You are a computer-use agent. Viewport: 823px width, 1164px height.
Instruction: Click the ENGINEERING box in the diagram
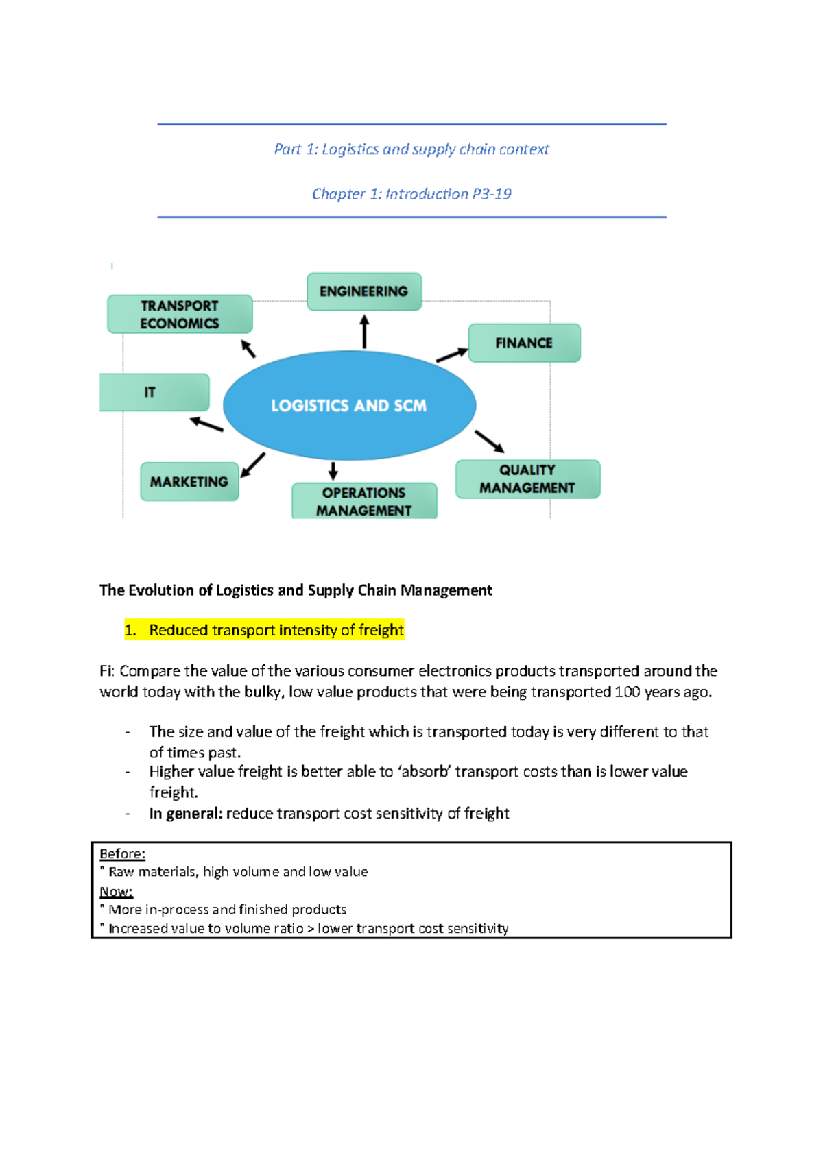point(364,291)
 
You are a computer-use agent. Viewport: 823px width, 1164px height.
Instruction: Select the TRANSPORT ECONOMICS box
point(180,315)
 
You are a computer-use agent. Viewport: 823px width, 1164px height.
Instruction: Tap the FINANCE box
point(524,343)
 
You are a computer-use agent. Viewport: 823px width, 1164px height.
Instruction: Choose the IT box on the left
point(154,392)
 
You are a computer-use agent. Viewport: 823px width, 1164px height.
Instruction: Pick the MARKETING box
point(189,482)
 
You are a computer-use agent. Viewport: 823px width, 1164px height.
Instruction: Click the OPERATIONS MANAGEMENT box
point(364,501)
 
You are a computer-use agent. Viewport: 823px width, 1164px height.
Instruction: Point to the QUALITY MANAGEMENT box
point(527,478)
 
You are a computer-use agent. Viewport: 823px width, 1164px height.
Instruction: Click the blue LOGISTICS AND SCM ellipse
point(350,406)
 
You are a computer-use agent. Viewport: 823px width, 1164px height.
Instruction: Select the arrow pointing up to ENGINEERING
point(364,332)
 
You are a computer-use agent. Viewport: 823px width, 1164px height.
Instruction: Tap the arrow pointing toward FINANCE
point(452,354)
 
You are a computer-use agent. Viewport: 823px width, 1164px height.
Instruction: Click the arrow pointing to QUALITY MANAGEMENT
point(490,441)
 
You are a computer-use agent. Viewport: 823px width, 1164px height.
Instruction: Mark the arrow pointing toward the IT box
point(206,424)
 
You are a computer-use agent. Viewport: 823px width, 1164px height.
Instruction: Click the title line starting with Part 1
point(411,149)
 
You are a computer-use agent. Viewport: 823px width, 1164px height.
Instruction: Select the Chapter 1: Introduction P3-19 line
point(411,194)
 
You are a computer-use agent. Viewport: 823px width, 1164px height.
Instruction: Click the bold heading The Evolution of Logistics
point(296,590)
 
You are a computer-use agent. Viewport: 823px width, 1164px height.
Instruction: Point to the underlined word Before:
point(122,853)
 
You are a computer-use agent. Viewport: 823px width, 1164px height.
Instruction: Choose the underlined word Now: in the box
point(116,891)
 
